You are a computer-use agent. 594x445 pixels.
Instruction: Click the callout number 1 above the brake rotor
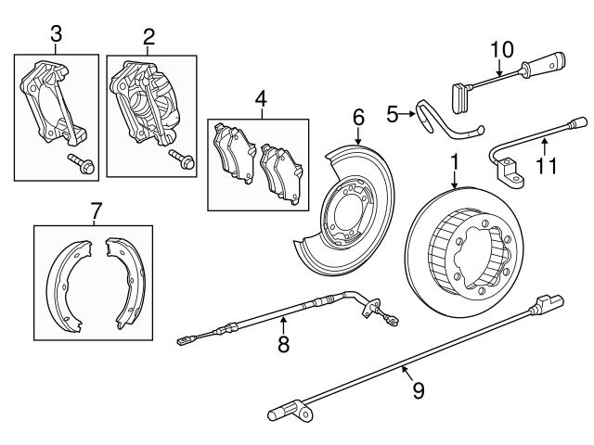pos(455,161)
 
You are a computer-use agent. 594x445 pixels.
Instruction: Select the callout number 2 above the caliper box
pos(148,36)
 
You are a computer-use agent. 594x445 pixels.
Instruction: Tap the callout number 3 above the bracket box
pos(56,34)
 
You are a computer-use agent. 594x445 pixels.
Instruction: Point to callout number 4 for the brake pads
pos(261,95)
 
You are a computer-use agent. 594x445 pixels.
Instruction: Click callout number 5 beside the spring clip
pos(392,114)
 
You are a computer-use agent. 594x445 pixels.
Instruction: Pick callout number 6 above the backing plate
pos(358,118)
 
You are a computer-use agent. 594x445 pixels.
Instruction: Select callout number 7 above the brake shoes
pos(96,211)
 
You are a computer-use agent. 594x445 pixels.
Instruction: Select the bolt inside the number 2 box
pos(179,161)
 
